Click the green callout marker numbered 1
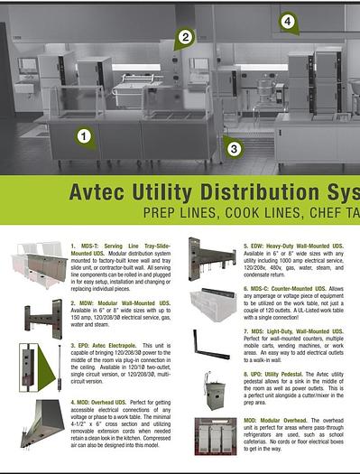84,137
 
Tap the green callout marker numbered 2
185,37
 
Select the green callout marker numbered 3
233,148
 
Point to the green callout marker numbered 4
288,21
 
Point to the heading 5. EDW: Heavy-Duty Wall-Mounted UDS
293,245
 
